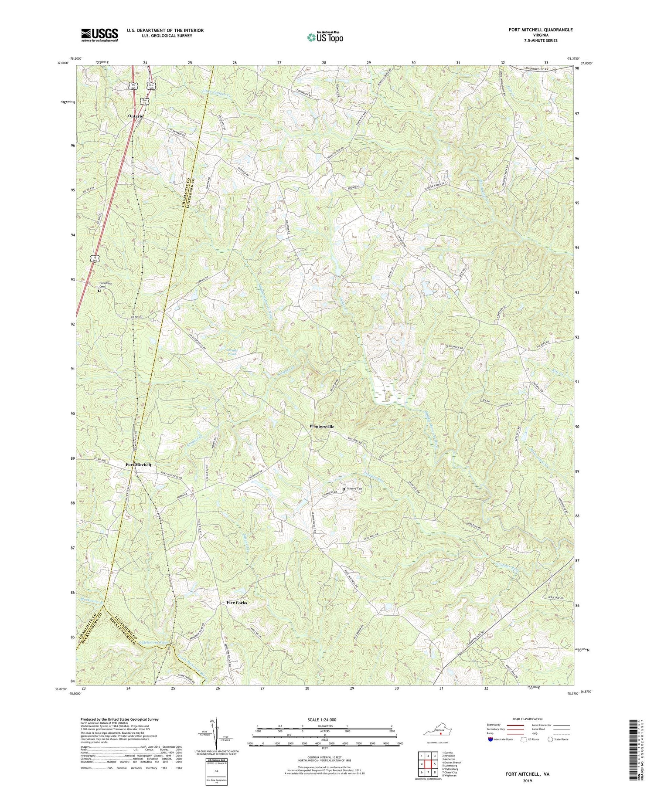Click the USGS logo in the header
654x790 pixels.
point(99,35)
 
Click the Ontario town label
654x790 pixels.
point(135,116)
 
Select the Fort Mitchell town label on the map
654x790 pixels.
point(138,465)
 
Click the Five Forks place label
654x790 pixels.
point(237,603)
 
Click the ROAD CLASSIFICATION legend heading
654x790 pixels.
point(527,719)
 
